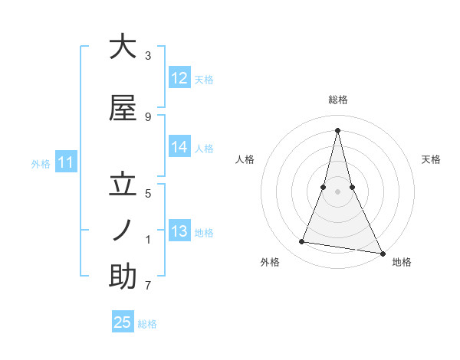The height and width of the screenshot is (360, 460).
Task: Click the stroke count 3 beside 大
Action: click(x=148, y=56)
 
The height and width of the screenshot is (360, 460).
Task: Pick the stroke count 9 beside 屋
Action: click(x=148, y=117)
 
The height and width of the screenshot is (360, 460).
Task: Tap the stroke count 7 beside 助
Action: click(x=148, y=286)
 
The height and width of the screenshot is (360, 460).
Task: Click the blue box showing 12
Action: click(x=179, y=78)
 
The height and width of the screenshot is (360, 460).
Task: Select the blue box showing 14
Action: click(x=179, y=147)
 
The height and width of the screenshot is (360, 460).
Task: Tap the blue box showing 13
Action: click(x=179, y=231)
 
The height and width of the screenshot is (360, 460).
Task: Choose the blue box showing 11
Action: click(x=66, y=162)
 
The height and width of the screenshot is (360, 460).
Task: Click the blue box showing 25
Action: click(x=123, y=322)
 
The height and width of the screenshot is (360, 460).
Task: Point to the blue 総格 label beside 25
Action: click(x=147, y=324)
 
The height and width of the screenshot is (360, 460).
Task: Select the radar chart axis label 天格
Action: click(x=431, y=159)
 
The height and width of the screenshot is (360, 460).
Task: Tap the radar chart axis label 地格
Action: click(x=402, y=263)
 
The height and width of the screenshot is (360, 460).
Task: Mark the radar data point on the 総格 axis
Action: click(x=337, y=130)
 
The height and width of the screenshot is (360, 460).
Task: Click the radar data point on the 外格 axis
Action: click(x=301, y=242)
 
